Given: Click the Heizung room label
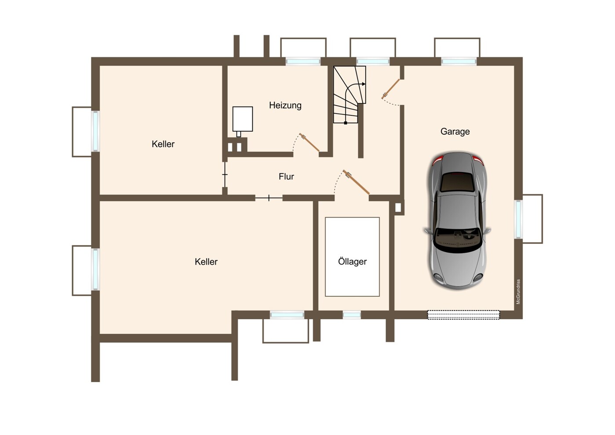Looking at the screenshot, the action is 285,105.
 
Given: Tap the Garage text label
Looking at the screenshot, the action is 455,132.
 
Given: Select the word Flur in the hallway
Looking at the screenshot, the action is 286,176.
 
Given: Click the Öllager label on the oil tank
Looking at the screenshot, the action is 352,261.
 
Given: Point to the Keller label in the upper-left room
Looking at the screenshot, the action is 163,144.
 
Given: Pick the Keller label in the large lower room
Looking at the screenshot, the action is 206,262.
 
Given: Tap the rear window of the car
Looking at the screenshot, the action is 457,182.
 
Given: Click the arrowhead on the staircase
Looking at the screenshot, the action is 364,84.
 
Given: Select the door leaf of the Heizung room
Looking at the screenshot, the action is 309,142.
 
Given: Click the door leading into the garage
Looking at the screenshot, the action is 390,89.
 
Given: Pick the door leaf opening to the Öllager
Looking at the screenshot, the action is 356,182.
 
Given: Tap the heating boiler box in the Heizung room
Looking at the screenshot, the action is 243,119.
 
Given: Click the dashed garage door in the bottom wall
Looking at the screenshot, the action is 463,315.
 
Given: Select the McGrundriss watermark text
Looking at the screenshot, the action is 518,292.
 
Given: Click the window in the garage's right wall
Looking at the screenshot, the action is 518,219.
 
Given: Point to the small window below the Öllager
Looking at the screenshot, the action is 352,315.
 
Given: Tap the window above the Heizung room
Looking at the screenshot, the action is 303,61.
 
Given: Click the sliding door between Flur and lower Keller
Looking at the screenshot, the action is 269,198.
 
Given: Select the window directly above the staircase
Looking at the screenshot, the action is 373,61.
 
